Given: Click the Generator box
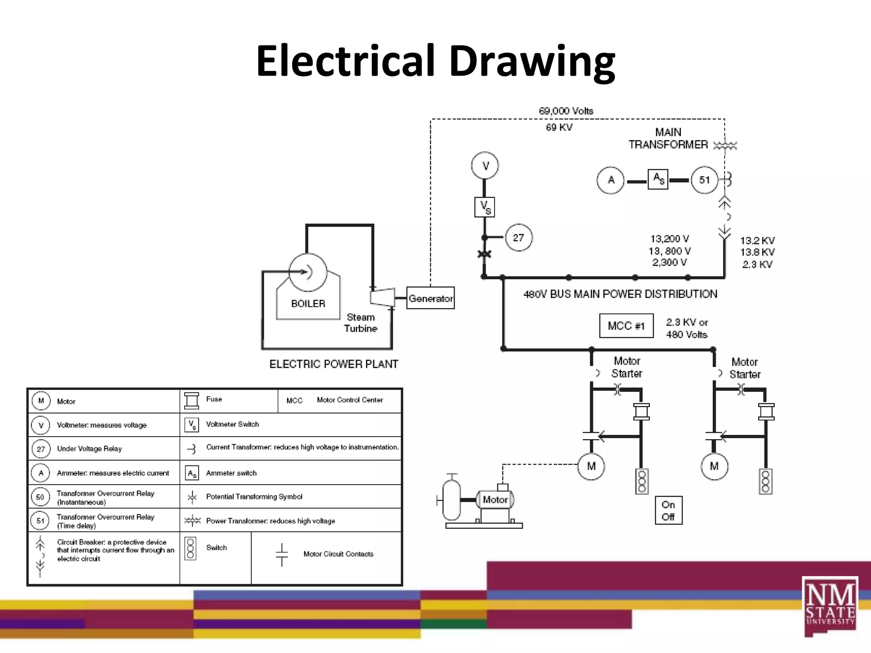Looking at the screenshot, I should coord(430,298).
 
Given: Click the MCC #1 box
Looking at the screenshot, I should coord(626,326).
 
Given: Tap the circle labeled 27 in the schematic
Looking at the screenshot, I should coord(518,237).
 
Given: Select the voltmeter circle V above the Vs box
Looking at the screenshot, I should coord(485,165).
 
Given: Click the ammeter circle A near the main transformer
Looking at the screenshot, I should coord(611,180).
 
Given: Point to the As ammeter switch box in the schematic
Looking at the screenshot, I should coord(658,179).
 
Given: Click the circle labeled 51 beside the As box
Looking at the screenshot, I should coord(704,180).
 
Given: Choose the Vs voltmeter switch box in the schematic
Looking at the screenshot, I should coord(485,207).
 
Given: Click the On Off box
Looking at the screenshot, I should coord(669,510).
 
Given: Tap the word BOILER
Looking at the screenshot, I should coord(308,304).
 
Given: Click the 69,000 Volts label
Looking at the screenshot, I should coord(566,111).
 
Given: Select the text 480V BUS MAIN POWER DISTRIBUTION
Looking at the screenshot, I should coord(620,294).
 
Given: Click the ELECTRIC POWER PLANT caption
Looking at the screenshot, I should coord(334,364).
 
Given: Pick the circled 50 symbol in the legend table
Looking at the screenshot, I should coord(40,497).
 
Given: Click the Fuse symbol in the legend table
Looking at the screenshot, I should coord(191,400).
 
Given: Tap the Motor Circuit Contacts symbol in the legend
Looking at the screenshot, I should coord(282,554).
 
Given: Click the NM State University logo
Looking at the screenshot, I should coord(830,606).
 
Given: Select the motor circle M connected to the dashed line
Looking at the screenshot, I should coord(591,466).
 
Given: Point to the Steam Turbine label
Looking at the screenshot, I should coord(361,323).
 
